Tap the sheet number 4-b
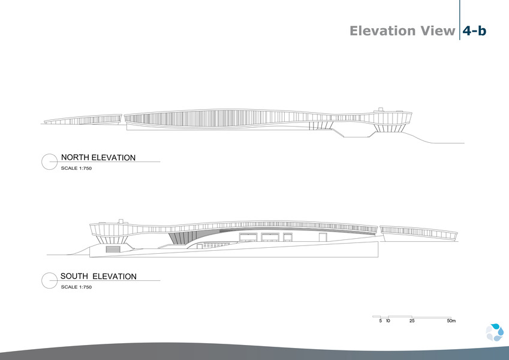pos(474,31)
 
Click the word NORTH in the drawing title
pos(75,158)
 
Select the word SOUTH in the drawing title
pos(74,276)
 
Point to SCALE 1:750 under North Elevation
pos(76,169)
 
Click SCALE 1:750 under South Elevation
pos(76,287)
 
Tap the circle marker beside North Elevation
pos(50,161)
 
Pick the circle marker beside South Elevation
pos(50,280)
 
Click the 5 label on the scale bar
pos(381,320)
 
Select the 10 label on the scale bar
pos(388,320)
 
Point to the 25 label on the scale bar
pos(412,320)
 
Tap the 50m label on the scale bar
pos(451,320)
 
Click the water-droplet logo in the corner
pos(495,332)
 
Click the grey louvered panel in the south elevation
pos(113,249)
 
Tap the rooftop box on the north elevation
pos(381,110)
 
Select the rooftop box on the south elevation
pos(121,221)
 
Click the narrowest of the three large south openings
pos(288,237)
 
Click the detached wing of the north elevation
pos(83,119)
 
